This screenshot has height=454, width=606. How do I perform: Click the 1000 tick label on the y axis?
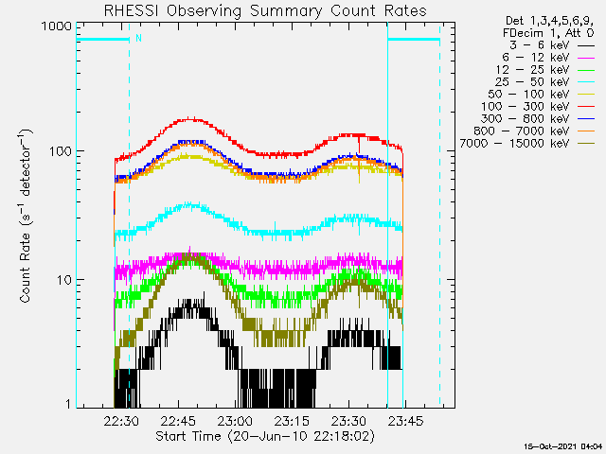56,26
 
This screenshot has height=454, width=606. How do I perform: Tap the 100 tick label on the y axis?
60,151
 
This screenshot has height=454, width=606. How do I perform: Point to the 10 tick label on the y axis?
63,280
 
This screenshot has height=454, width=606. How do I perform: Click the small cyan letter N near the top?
139,38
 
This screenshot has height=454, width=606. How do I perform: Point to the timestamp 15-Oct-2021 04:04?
564,445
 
